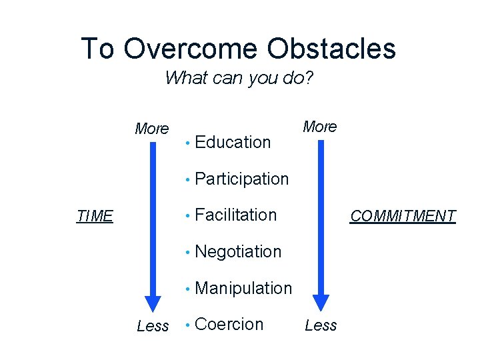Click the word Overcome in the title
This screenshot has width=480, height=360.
point(191,49)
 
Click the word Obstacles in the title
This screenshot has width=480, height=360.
point(331,49)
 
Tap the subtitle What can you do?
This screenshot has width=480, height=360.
point(239,78)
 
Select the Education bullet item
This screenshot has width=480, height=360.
point(233,142)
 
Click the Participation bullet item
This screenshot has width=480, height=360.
point(241,179)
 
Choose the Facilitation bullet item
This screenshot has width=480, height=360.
point(235,215)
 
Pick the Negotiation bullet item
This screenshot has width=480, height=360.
point(238,251)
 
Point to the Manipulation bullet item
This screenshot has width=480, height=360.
point(243,288)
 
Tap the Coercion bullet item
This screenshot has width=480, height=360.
point(229,324)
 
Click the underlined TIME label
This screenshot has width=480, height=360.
point(95,216)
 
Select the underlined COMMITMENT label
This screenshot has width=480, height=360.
point(403,216)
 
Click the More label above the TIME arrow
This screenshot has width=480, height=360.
point(152,129)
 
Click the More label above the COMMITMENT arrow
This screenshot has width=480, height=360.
point(320,127)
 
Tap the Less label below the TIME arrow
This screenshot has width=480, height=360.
point(153,326)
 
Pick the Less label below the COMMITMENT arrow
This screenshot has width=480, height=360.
point(321,325)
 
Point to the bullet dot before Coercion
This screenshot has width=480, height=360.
point(189,325)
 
